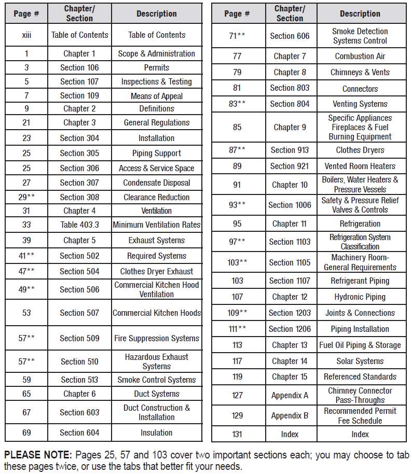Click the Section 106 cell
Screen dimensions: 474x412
pyautogui.click(x=79, y=67)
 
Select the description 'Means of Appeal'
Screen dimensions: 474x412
pyautogui.click(x=157, y=95)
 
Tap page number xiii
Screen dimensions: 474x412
pyautogui.click(x=26, y=35)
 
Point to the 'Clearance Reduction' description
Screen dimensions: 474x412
pyautogui.click(x=157, y=197)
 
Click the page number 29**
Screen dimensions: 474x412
pyautogui.click(x=26, y=197)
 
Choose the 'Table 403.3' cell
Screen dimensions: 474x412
pyautogui.click(x=79, y=225)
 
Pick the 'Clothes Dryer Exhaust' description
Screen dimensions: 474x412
pyautogui.click(x=157, y=271)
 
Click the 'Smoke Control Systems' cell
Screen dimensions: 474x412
pyautogui.click(x=157, y=380)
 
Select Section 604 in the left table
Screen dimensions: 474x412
pyautogui.click(x=79, y=433)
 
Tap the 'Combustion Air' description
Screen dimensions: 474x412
pyautogui.click(x=360, y=56)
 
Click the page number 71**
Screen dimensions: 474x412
pyautogui.click(x=237, y=36)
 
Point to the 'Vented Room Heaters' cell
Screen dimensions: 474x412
pyautogui.click(x=360, y=166)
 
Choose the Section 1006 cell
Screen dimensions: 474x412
pyautogui.click(x=290, y=205)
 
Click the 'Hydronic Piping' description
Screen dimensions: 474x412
pyautogui.click(x=360, y=297)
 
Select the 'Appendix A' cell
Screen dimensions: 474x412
pyautogui.click(x=290, y=395)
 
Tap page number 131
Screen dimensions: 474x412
pyautogui.click(x=237, y=434)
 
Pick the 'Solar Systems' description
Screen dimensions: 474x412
pyautogui.click(x=360, y=361)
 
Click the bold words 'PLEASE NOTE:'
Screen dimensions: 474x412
pyautogui.click(x=37, y=455)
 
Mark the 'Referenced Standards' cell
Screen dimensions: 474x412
pyautogui.click(x=360, y=377)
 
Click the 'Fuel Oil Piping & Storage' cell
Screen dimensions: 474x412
pyautogui.click(x=360, y=345)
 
